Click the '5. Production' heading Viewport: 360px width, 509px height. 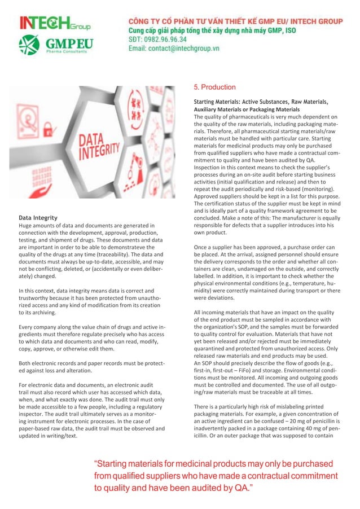tap(214, 87)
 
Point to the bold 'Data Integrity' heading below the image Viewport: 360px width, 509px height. tap(38, 217)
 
